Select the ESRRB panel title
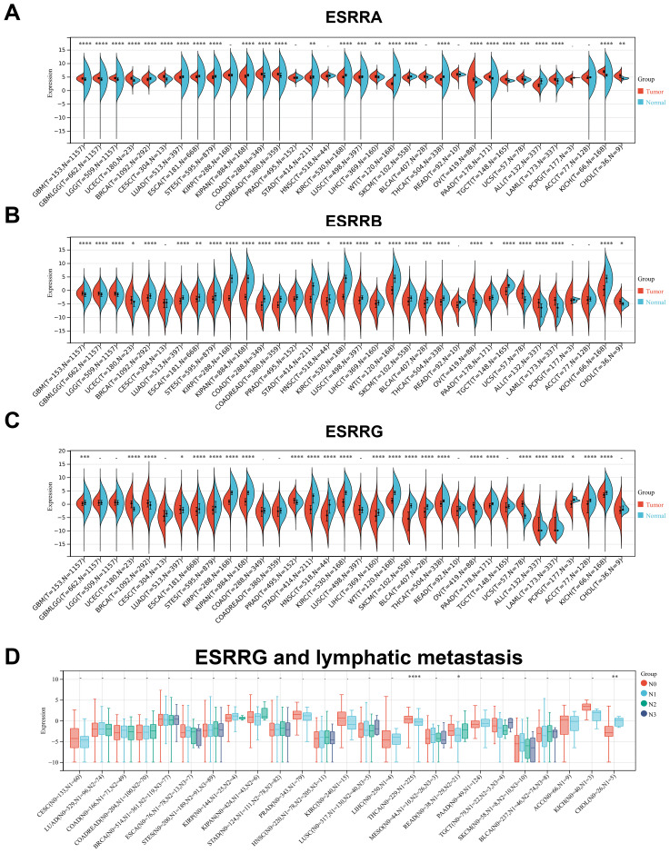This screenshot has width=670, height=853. tap(334, 225)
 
